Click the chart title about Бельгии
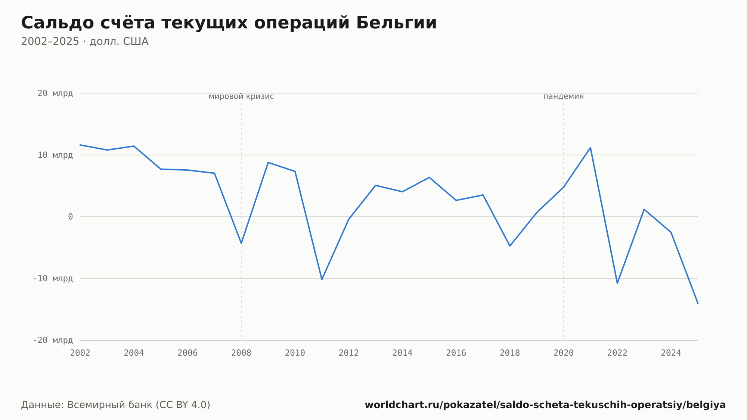tap(229, 23)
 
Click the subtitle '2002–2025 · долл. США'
tap(85, 41)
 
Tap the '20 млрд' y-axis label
tap(55, 93)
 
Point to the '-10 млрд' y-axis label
tap(53, 278)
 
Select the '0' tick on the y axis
tap(70, 217)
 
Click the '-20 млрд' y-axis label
tap(53, 340)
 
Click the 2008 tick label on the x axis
tap(241, 353)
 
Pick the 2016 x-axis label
tap(456, 353)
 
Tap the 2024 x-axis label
tap(671, 353)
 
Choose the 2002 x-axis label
tap(80, 353)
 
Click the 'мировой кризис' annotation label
tap(241, 96)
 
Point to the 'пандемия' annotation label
tap(563, 96)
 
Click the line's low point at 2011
tap(322, 280)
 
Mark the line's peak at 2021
tap(590, 148)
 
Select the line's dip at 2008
tap(241, 243)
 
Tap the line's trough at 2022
tap(617, 283)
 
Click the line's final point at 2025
tap(697, 303)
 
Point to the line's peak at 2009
tap(268, 163)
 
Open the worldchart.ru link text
tap(545, 405)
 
